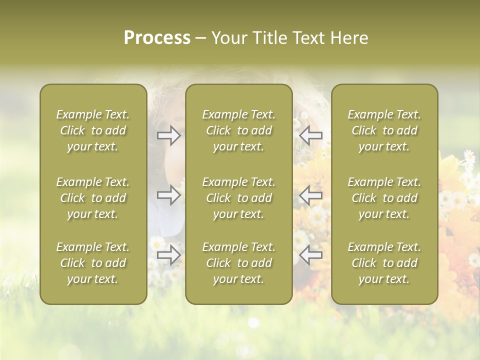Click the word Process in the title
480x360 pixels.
pos(157,38)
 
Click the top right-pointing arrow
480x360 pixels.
pos(169,135)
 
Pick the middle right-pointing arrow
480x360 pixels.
pos(169,195)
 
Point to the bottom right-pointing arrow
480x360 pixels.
pos(169,255)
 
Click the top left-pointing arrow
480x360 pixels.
pos(310,135)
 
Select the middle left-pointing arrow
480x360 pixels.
pos(310,195)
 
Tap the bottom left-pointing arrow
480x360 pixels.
pos(310,255)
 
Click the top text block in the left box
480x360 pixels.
pos(93,130)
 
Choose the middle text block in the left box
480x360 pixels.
pos(93,198)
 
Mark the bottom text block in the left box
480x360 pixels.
pos(93,263)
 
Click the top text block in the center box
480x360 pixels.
pos(238,130)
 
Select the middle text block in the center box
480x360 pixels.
pos(238,198)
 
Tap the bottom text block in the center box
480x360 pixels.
pos(238,263)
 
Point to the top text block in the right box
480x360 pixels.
pos(384,130)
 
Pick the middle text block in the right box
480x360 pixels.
pos(384,198)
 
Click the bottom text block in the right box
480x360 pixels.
pos(384,263)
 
